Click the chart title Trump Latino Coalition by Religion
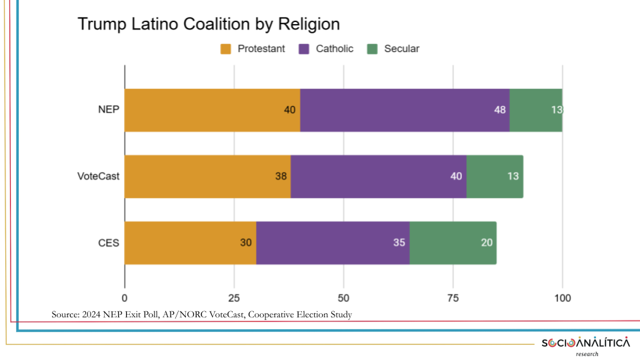209,25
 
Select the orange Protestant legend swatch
225,49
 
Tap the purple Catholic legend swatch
305,49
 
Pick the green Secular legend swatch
373,49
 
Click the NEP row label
108,110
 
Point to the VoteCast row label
99,177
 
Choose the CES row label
108,243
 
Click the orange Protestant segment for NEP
212,110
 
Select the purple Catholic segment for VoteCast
378,177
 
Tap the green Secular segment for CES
453,243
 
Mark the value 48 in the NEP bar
499,110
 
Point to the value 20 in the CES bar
487,243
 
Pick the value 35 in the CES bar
399,243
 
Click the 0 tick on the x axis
125,297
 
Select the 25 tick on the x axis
234,297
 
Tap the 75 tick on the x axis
453,297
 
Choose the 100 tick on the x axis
562,297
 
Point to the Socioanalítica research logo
585,345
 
